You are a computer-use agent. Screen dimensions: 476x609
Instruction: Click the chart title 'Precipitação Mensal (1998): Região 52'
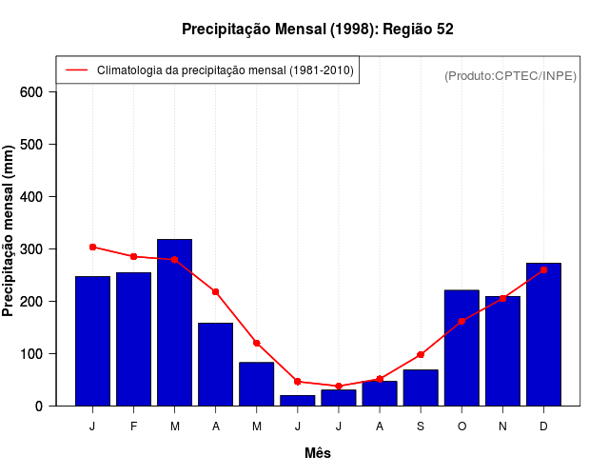tap(318, 30)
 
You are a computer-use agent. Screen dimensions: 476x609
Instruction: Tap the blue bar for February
tap(133, 339)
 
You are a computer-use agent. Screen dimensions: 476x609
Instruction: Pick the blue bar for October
tap(462, 347)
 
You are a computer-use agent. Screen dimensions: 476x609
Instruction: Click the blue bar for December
tap(543, 334)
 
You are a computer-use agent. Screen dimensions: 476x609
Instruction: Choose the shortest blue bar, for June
tap(298, 400)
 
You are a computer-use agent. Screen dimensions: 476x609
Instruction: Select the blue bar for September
tap(421, 387)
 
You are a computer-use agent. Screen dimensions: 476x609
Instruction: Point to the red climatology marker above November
tap(502, 298)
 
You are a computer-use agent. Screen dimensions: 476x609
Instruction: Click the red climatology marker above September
tap(421, 354)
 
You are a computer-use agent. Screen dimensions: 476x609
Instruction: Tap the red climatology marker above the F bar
tap(133, 256)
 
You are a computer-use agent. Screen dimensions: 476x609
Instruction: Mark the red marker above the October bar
tap(462, 321)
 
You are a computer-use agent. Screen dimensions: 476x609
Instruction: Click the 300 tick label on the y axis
tap(30, 249)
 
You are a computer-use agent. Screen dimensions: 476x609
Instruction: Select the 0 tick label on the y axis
tap(39, 407)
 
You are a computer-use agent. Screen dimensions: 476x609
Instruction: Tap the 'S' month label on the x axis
tap(421, 426)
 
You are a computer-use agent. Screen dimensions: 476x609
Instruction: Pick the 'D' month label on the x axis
tap(543, 426)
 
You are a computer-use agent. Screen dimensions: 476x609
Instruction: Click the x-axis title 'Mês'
tap(318, 453)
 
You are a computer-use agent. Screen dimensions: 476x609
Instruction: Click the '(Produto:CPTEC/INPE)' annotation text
tap(510, 75)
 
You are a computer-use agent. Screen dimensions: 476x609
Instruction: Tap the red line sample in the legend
tap(76, 70)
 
